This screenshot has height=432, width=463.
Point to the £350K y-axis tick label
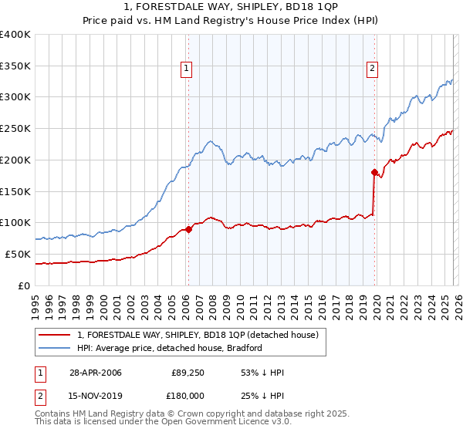(15, 66)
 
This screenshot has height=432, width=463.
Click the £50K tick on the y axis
(18, 254)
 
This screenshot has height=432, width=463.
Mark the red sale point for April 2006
(188, 229)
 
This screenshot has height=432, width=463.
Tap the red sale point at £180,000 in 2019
(374, 172)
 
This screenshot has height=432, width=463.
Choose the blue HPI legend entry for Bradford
(170, 348)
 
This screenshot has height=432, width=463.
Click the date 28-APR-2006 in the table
(95, 373)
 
